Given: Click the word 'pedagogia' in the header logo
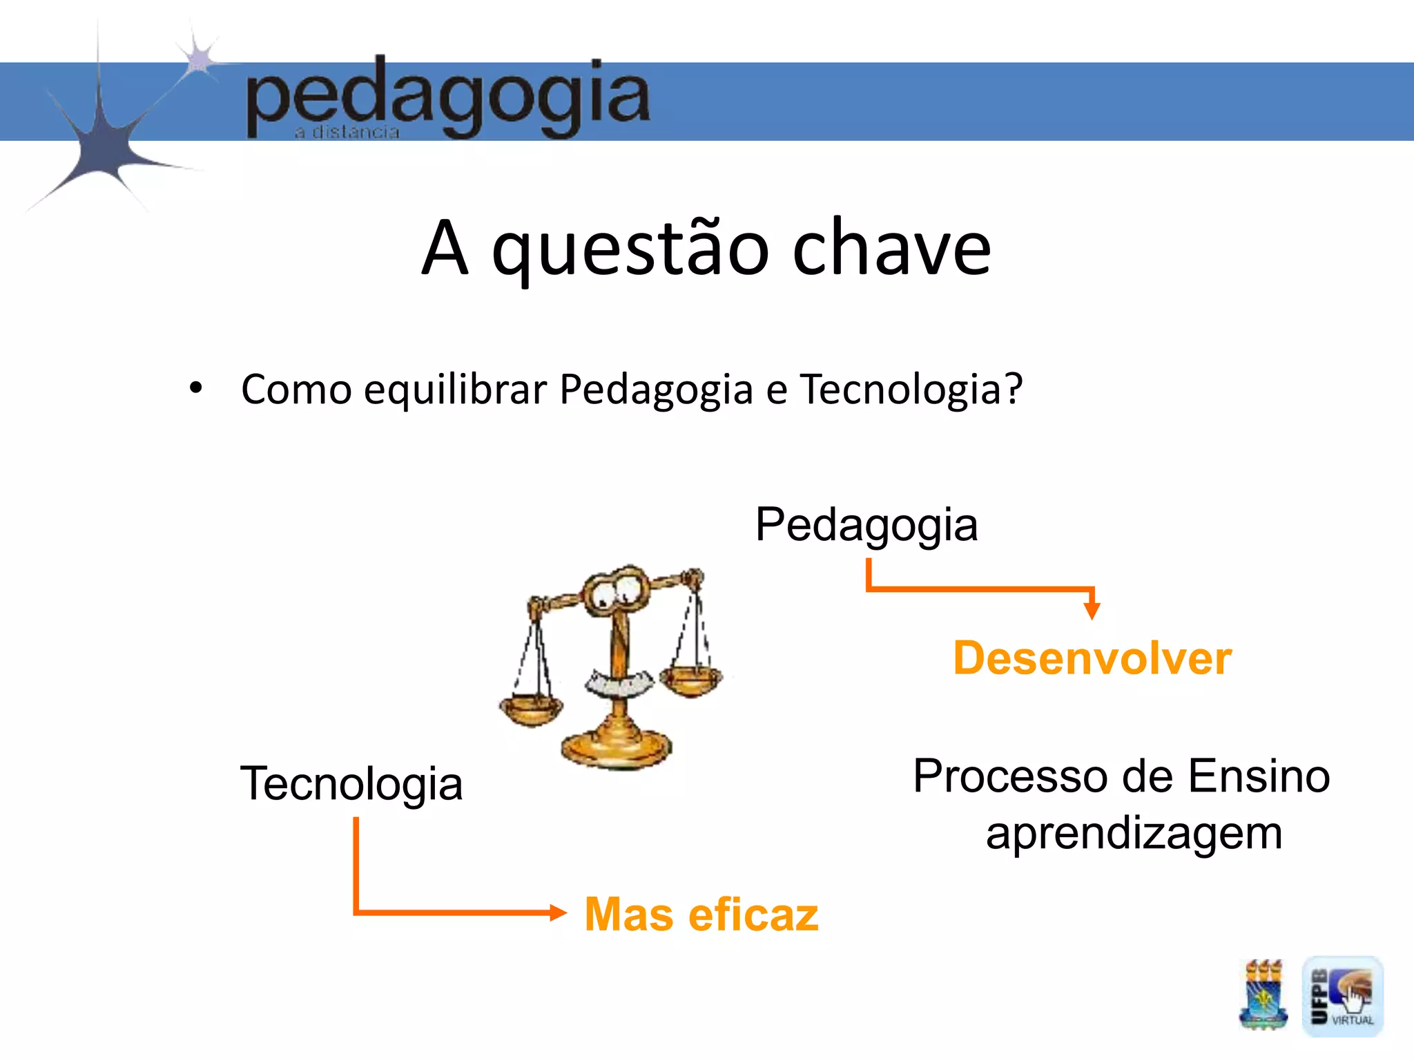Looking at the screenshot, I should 447,97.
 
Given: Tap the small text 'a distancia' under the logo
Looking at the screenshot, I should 347,132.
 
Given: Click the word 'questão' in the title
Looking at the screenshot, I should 630,249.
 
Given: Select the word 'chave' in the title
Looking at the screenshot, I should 891,249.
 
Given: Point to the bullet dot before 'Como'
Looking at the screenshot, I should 196,388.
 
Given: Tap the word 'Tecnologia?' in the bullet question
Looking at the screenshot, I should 911,390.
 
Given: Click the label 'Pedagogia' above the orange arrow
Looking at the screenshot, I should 866,525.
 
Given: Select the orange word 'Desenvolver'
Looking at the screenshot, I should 1092,658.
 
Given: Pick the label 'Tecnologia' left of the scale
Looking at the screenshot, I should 351,784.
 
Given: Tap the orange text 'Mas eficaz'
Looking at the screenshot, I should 701,915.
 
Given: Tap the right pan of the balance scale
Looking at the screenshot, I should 690,680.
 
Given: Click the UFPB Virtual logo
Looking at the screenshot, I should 1342,996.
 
